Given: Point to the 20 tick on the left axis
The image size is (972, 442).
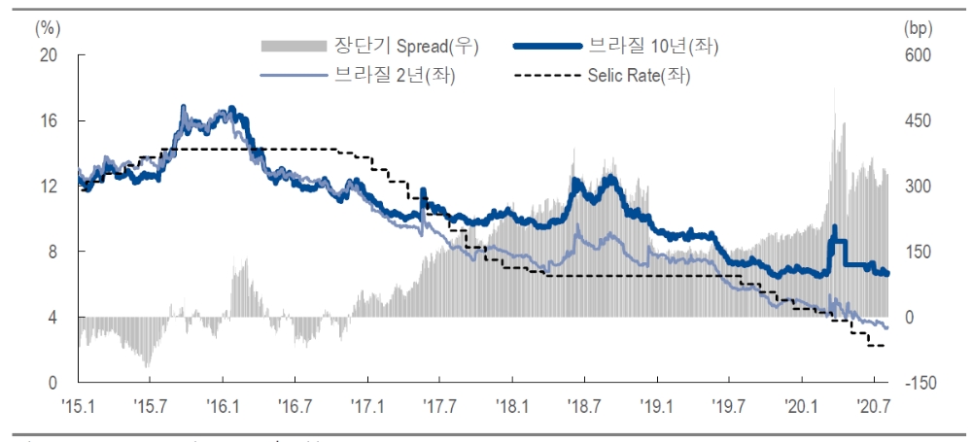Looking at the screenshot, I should coord(47,55).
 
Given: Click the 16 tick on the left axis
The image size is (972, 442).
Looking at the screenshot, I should coord(47,120).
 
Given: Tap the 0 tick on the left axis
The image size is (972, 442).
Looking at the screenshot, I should coord(52,383).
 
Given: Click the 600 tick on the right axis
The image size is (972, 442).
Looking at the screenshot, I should coord(918,55).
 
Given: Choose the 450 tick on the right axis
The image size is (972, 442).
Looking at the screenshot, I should coord(918,120).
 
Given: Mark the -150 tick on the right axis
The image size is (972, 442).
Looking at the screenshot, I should coord(918,383).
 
